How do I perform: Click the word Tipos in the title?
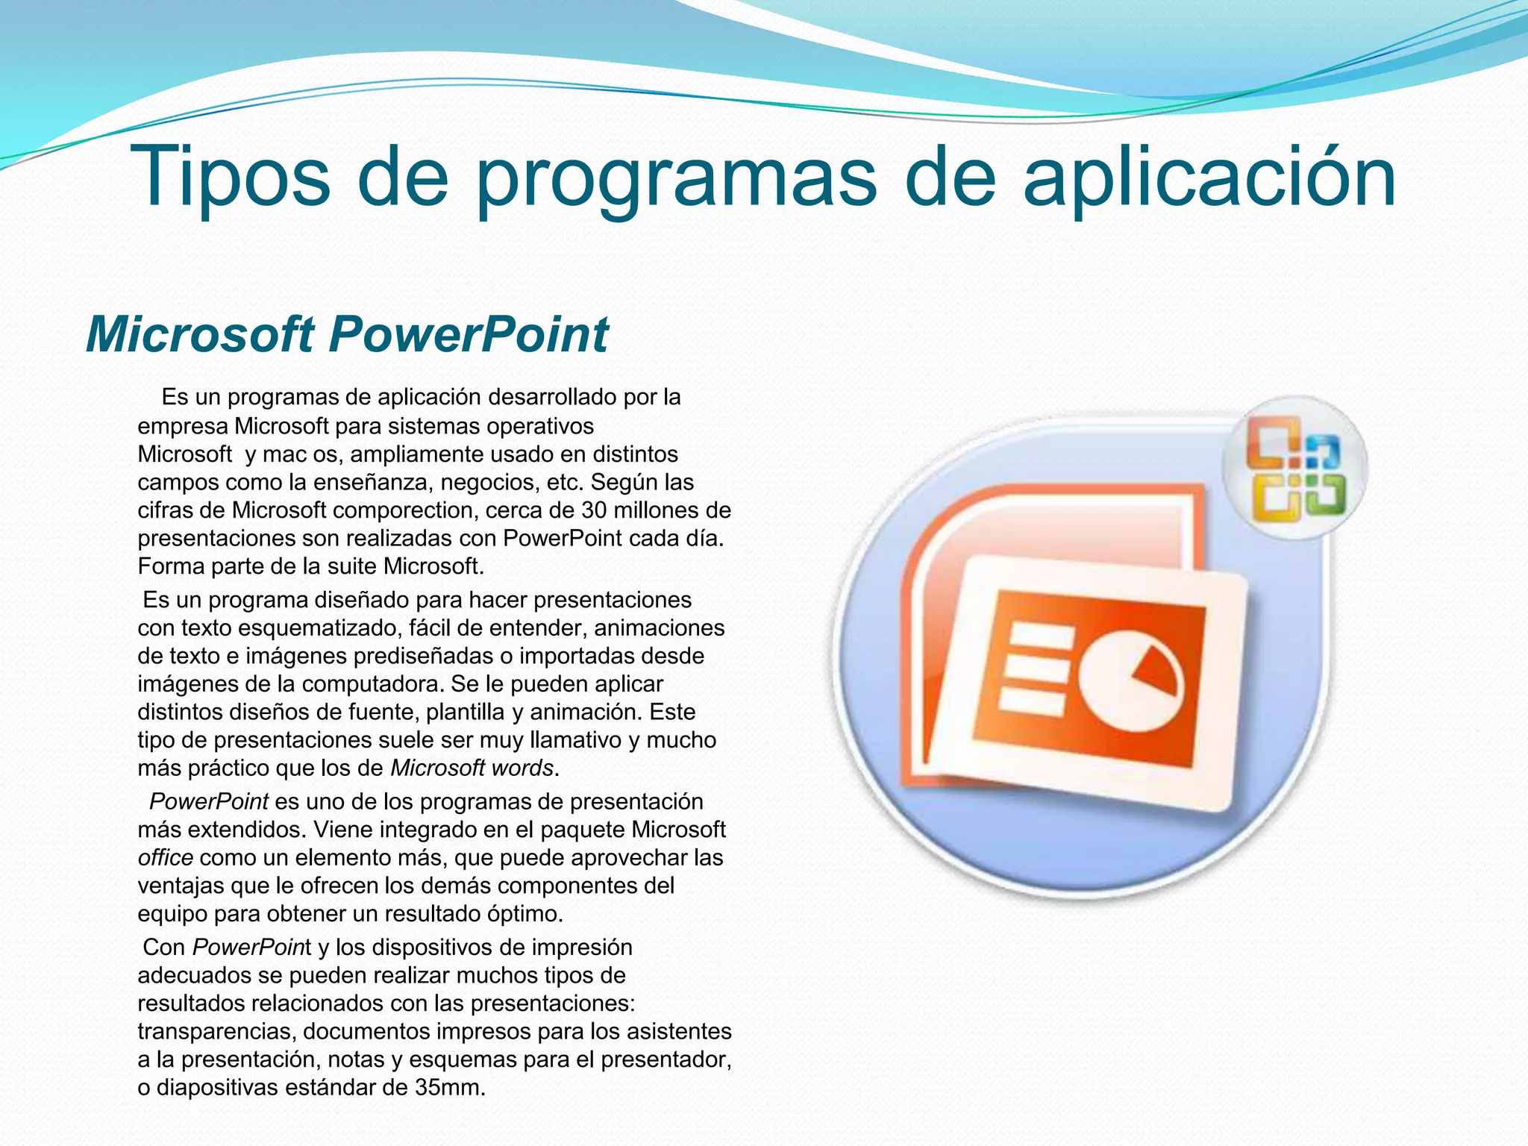230,178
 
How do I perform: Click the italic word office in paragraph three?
165,858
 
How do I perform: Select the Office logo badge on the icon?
1296,469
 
